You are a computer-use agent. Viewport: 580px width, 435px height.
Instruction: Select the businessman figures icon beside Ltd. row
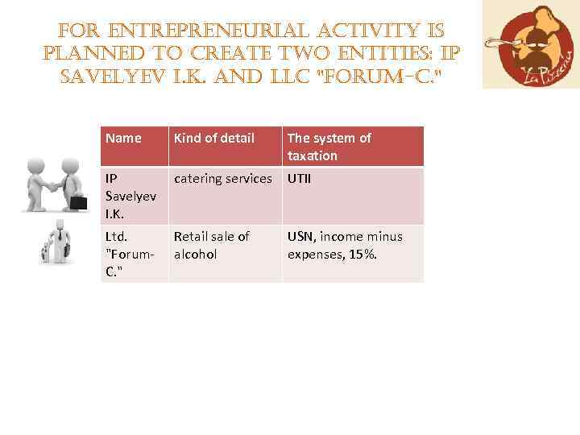[56, 242]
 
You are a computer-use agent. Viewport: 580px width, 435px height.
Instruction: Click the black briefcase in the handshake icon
[79, 202]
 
